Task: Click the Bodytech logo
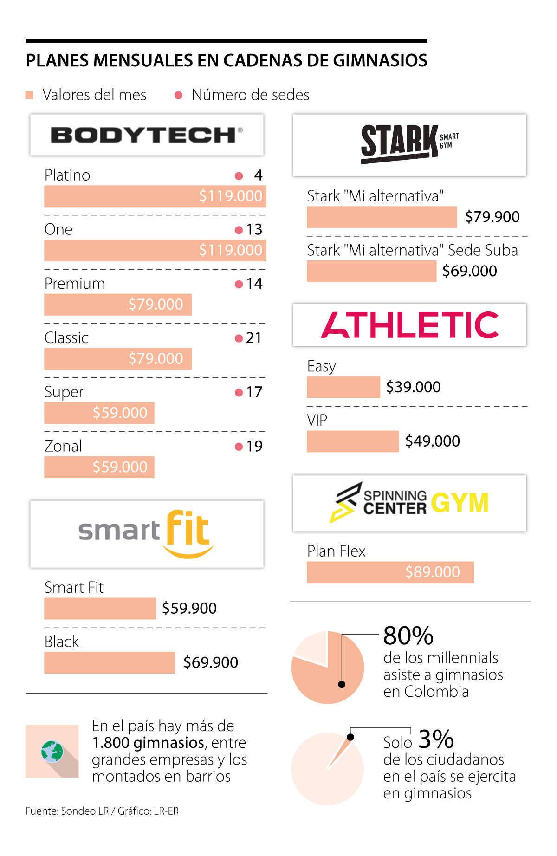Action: [x=147, y=135]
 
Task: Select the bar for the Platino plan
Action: [x=155, y=196]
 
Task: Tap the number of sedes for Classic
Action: [x=253, y=338]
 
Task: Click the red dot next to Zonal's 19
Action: [x=239, y=447]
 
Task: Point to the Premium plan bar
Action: [x=118, y=305]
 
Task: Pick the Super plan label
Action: [x=64, y=392]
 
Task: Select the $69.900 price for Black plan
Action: [x=211, y=662]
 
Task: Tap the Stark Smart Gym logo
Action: [x=409, y=143]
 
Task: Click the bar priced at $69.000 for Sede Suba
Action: [x=371, y=271]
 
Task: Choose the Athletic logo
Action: [x=409, y=325]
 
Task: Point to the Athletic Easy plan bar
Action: [x=343, y=387]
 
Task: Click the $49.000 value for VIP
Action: [x=433, y=441]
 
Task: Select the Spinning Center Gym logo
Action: [x=409, y=503]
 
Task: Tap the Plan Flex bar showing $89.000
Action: [x=390, y=572]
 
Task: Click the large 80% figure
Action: [x=408, y=636]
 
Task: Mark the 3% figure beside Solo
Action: [x=436, y=739]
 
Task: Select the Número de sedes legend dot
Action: [x=178, y=96]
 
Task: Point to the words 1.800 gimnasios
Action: [x=149, y=743]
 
